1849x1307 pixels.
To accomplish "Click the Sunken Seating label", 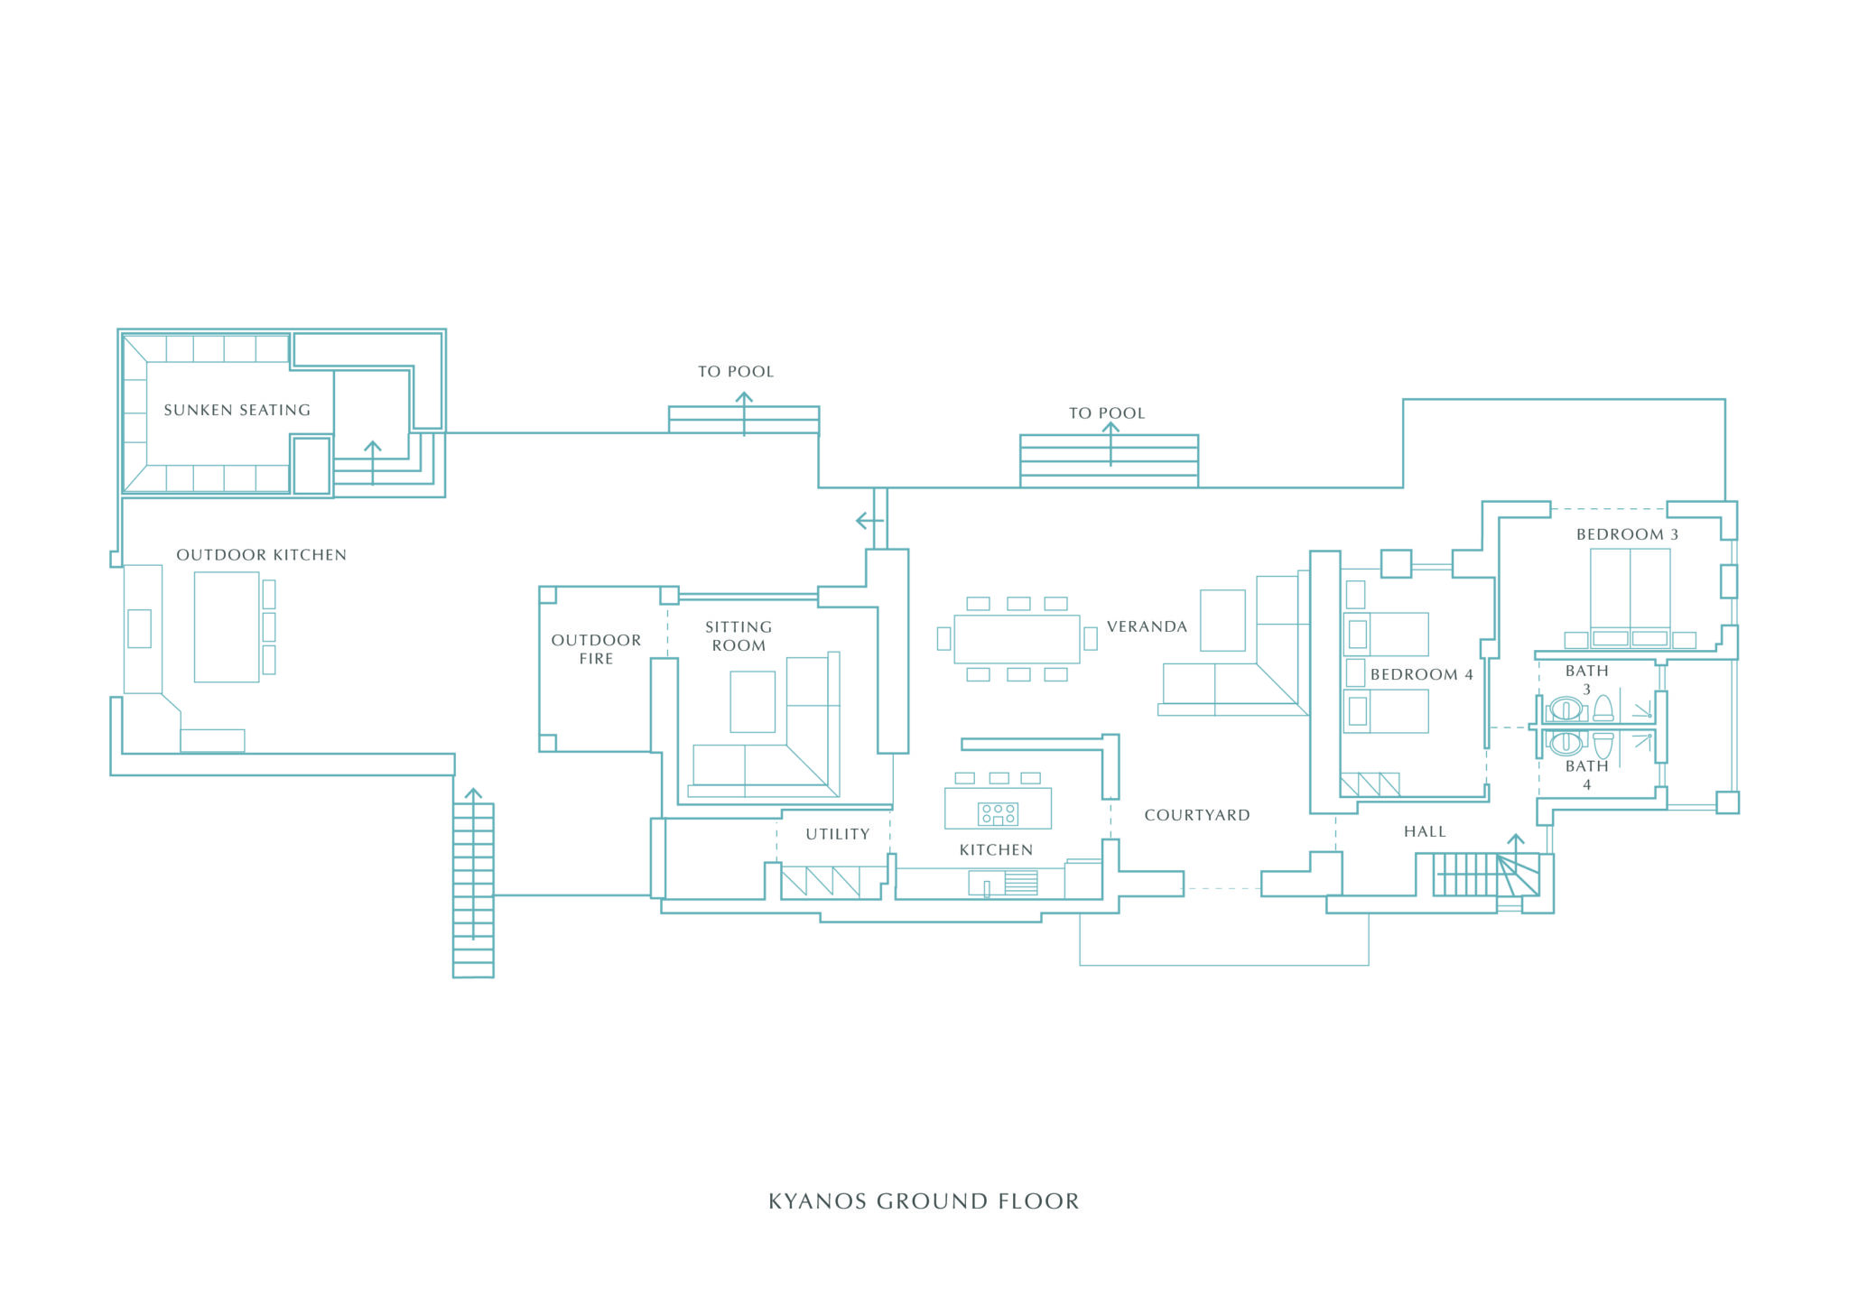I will [237, 410].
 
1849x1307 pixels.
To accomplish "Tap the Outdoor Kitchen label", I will [261, 555].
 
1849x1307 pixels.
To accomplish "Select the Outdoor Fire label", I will [596, 649].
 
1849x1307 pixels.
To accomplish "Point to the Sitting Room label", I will [739, 636].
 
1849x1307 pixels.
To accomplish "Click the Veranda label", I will [1147, 626].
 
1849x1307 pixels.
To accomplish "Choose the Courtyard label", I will [1197, 815].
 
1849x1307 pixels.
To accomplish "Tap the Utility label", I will [838, 834].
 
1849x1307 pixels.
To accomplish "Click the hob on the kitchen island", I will [998, 813].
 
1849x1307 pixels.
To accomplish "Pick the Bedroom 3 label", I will [1627, 534].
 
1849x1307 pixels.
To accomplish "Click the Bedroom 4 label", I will [1421, 674].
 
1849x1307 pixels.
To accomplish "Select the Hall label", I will [1425, 831].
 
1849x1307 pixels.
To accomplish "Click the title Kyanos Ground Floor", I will [924, 1201].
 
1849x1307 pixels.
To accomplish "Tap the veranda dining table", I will [1017, 638].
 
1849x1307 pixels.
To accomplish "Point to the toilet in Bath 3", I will [1603, 708].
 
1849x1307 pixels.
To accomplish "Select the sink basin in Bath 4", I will [1566, 743].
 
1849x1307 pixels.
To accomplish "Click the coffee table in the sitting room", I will [752, 701].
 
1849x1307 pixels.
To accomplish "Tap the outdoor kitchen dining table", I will [227, 626].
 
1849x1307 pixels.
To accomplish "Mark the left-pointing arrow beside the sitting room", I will [868, 521].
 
